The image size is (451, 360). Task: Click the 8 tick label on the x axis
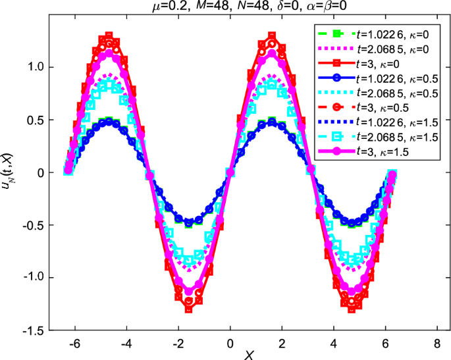click(x=435, y=342)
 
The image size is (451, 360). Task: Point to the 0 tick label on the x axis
click(x=230, y=342)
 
